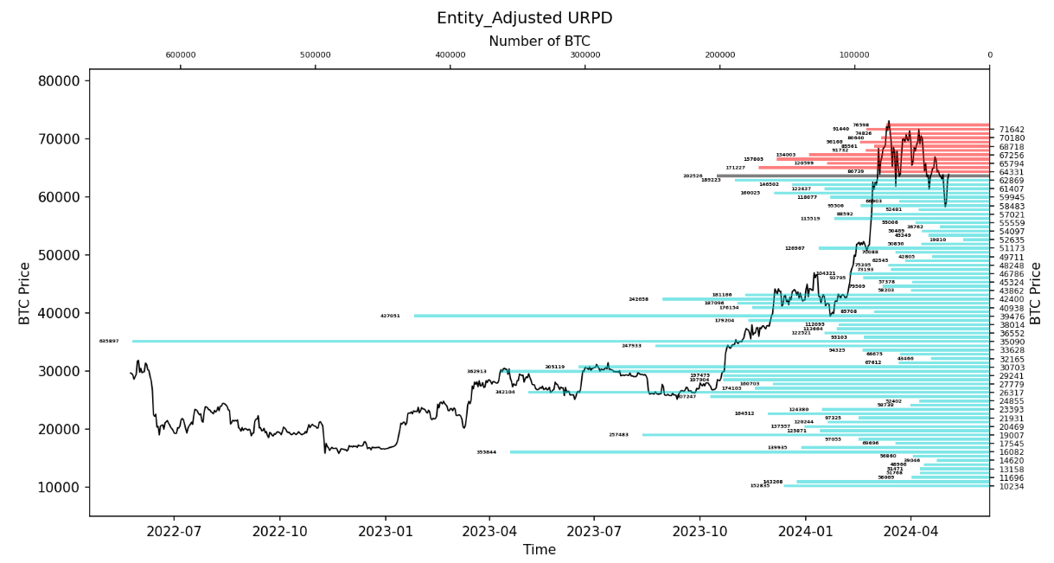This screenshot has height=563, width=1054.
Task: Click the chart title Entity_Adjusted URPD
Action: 525,18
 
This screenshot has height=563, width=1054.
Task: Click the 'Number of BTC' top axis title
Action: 540,42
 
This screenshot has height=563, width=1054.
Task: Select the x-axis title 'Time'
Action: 540,549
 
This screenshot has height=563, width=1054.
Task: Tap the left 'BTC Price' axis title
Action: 25,293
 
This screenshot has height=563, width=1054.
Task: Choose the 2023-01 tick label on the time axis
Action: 385,530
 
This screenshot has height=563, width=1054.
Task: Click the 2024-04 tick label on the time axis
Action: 910,530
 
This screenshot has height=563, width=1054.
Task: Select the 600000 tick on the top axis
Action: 181,56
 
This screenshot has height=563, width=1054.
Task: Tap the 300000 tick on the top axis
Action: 585,56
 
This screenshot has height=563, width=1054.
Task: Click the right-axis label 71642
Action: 1012,130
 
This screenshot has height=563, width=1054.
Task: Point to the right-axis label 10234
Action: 1012,486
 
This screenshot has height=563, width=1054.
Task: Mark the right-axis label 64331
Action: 1012,172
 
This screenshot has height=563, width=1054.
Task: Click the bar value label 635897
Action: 109,342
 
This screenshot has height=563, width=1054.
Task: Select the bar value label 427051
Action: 390,317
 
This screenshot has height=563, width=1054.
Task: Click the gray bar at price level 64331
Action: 853,176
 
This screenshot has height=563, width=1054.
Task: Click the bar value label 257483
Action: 618,435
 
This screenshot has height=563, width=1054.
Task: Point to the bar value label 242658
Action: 638,299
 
